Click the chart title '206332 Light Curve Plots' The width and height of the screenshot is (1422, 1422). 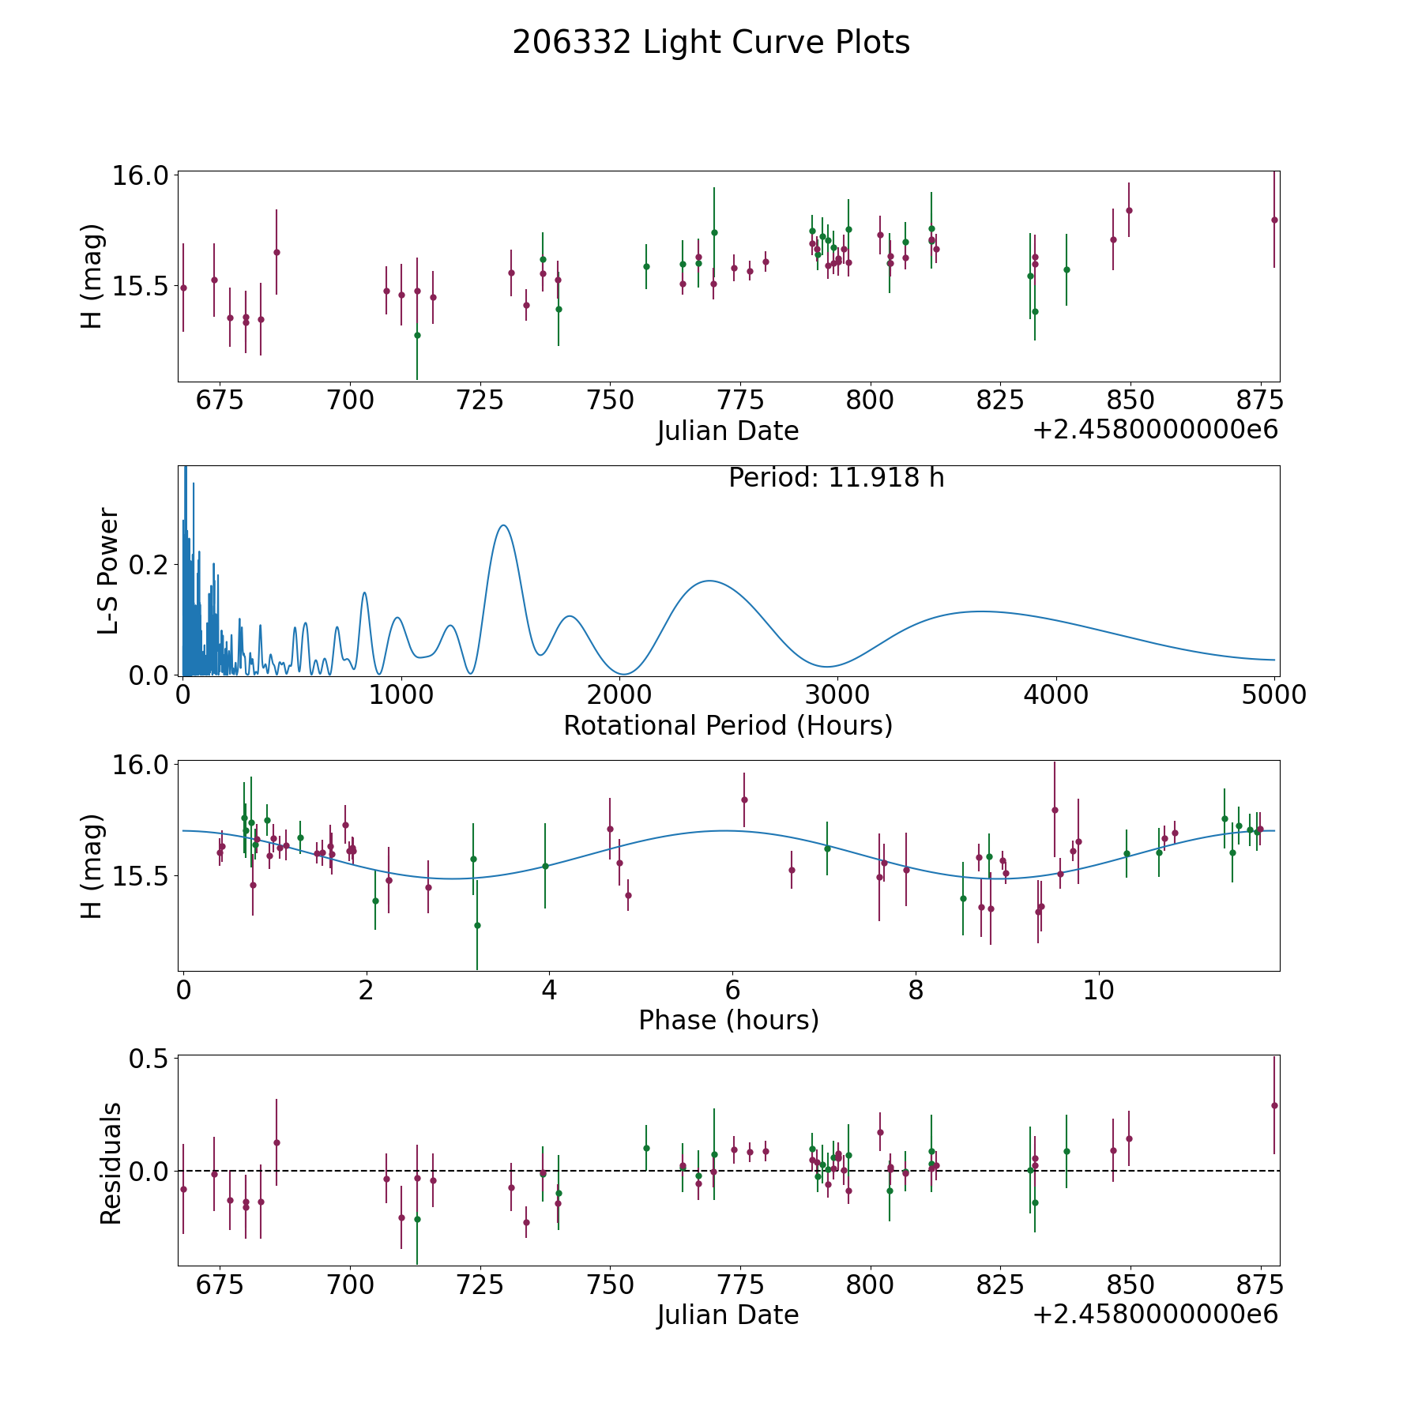pyautogui.click(x=711, y=43)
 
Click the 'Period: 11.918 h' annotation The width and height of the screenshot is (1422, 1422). pyautogui.click(x=836, y=478)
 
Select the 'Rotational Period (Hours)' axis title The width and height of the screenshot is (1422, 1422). pyautogui.click(x=728, y=725)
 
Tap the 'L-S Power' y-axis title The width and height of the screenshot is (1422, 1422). pyautogui.click(x=108, y=571)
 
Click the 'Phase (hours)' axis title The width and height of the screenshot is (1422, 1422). pyautogui.click(x=728, y=1020)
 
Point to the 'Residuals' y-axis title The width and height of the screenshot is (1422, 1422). pyautogui.click(x=111, y=1163)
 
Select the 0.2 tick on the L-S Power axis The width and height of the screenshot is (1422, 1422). pyautogui.click(x=150, y=564)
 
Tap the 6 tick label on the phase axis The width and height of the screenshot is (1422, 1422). pyautogui.click(x=732, y=990)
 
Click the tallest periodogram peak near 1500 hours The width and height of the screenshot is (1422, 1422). pyautogui.click(x=502, y=525)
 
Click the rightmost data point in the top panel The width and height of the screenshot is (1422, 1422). pyautogui.click(x=1274, y=220)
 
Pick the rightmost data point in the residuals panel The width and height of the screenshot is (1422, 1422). pyautogui.click(x=1274, y=1105)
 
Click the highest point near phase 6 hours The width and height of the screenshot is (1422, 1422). pyautogui.click(x=743, y=799)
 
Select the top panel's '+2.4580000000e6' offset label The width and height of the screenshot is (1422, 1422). pyautogui.click(x=1155, y=430)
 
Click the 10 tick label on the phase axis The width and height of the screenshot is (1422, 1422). pyautogui.click(x=1098, y=990)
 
